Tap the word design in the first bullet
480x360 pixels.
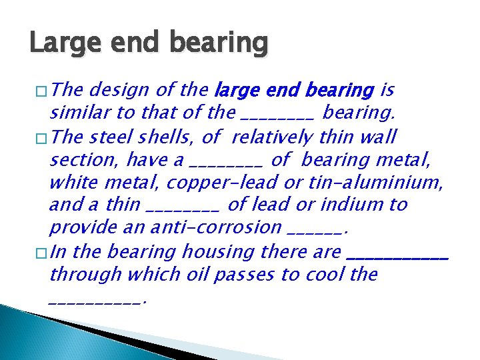(x=120, y=90)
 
